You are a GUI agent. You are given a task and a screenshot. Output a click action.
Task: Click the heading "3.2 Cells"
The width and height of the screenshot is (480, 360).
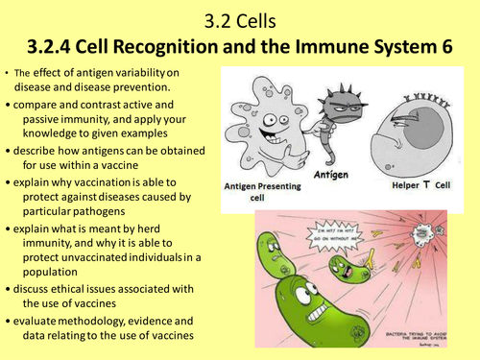pos(239,17)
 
